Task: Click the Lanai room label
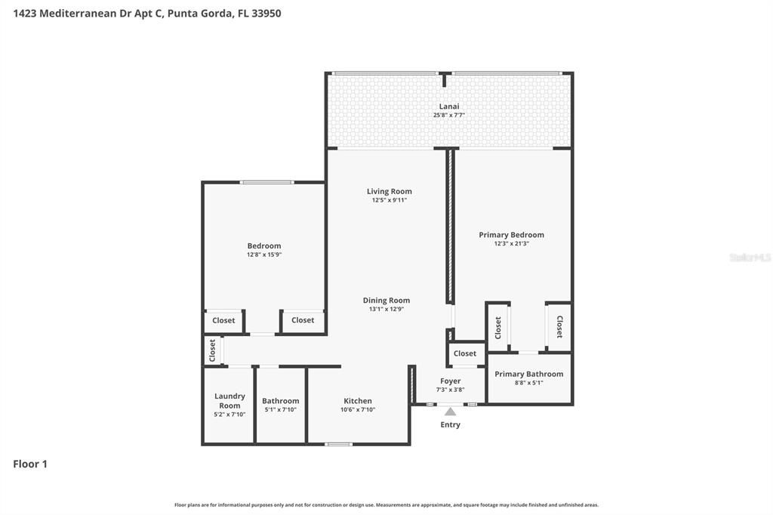[x=449, y=106]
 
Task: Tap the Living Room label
[x=389, y=192]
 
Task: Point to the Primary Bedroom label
[x=511, y=235]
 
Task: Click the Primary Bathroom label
[x=528, y=374]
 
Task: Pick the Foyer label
[x=450, y=381]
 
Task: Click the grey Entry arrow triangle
[x=450, y=412]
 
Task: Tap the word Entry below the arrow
[x=450, y=424]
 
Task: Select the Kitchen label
[x=358, y=401]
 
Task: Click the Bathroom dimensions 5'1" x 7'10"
[x=280, y=410]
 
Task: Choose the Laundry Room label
[x=229, y=401]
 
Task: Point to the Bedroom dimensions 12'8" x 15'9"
[x=263, y=255]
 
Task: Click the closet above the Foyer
[x=465, y=353]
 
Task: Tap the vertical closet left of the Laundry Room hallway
[x=212, y=350]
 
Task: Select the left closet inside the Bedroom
[x=223, y=320]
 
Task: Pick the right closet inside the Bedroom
[x=303, y=320]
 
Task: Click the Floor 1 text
[x=30, y=464]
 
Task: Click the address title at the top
[x=147, y=13]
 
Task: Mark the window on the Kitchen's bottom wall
[x=338, y=444]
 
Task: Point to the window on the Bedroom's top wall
[x=266, y=182]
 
